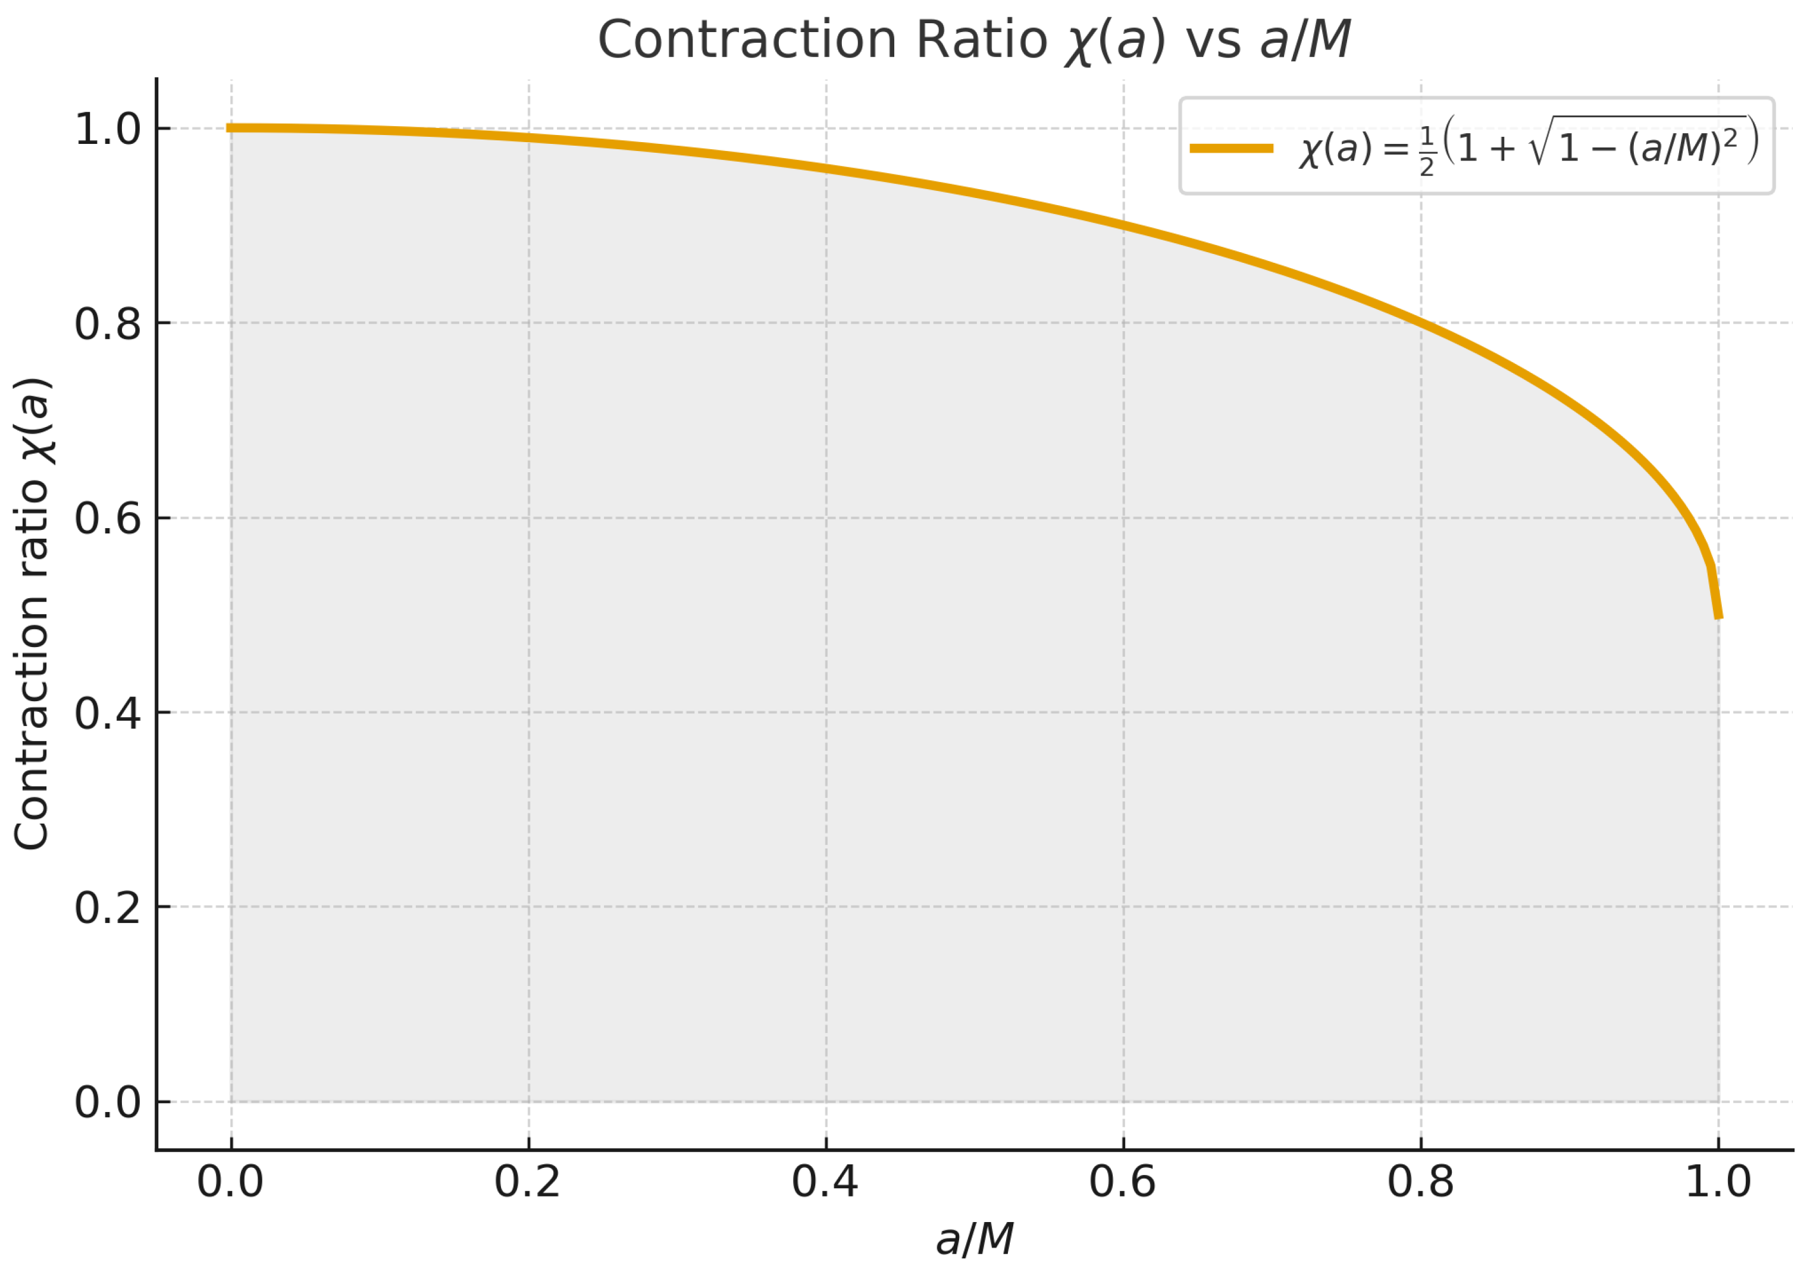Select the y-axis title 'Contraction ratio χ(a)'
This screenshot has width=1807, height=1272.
[33, 614]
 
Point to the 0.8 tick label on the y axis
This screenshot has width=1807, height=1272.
[107, 324]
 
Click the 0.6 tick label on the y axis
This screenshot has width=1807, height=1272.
[107, 519]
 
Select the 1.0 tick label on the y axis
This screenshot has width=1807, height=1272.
[107, 129]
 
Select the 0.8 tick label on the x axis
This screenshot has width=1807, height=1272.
[1421, 1182]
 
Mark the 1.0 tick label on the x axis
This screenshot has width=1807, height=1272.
[1718, 1182]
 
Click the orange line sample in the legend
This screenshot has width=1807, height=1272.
[1232, 148]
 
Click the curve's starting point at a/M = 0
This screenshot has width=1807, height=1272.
[231, 128]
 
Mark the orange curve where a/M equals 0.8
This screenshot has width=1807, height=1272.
[1421, 322]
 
